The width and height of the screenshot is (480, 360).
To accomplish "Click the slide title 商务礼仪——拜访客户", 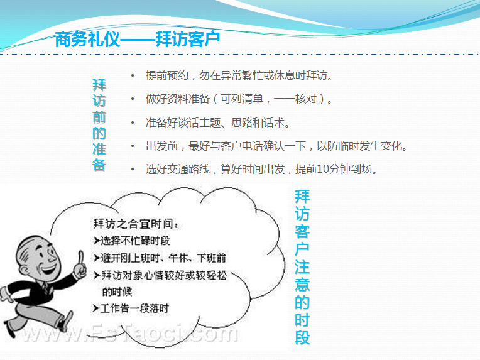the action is click(x=138, y=39).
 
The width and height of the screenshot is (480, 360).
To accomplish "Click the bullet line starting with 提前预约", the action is click(x=239, y=75).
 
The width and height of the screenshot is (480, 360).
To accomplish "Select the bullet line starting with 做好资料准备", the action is click(x=239, y=99).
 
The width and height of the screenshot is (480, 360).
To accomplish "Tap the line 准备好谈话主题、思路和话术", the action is click(x=217, y=123).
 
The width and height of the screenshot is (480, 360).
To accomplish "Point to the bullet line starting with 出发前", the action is click(x=276, y=146).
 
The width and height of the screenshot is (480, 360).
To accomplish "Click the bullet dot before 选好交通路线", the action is click(x=133, y=169).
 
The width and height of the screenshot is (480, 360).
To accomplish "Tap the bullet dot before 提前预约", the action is click(x=133, y=75).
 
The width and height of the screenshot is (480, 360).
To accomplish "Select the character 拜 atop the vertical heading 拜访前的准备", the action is click(x=99, y=85).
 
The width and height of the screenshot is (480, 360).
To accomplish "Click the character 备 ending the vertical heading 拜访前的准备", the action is click(x=99, y=165).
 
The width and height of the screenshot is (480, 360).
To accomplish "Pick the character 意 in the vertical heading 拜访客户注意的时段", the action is click(x=302, y=285).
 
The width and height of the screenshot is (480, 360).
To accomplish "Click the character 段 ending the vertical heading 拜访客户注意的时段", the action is click(x=302, y=337).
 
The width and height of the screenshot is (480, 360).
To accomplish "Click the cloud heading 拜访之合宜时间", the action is click(x=136, y=224).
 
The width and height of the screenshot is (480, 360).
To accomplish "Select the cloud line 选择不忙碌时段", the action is click(x=135, y=241).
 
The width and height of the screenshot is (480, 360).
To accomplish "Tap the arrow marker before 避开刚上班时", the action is click(x=97, y=258).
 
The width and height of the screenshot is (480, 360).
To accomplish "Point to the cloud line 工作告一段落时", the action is click(x=134, y=308).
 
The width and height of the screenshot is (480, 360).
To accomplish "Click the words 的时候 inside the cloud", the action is click(x=117, y=292).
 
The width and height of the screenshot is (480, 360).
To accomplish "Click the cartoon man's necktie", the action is click(x=45, y=287).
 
